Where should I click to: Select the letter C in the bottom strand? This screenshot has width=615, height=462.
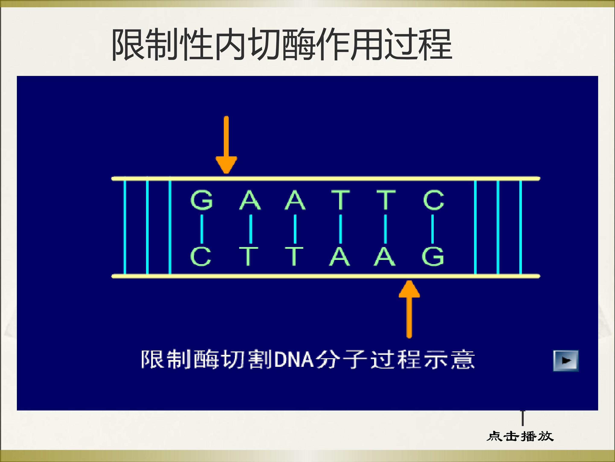click(201, 256)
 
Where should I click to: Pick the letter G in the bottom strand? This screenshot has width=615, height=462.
click(433, 256)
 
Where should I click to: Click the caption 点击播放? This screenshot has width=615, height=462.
click(520, 436)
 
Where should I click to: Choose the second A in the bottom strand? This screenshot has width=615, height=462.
click(385, 256)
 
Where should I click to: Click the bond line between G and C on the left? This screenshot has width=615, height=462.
click(202, 228)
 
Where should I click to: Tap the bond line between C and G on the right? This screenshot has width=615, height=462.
click(432, 228)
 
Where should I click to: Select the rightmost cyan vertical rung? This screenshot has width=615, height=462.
click(520, 227)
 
